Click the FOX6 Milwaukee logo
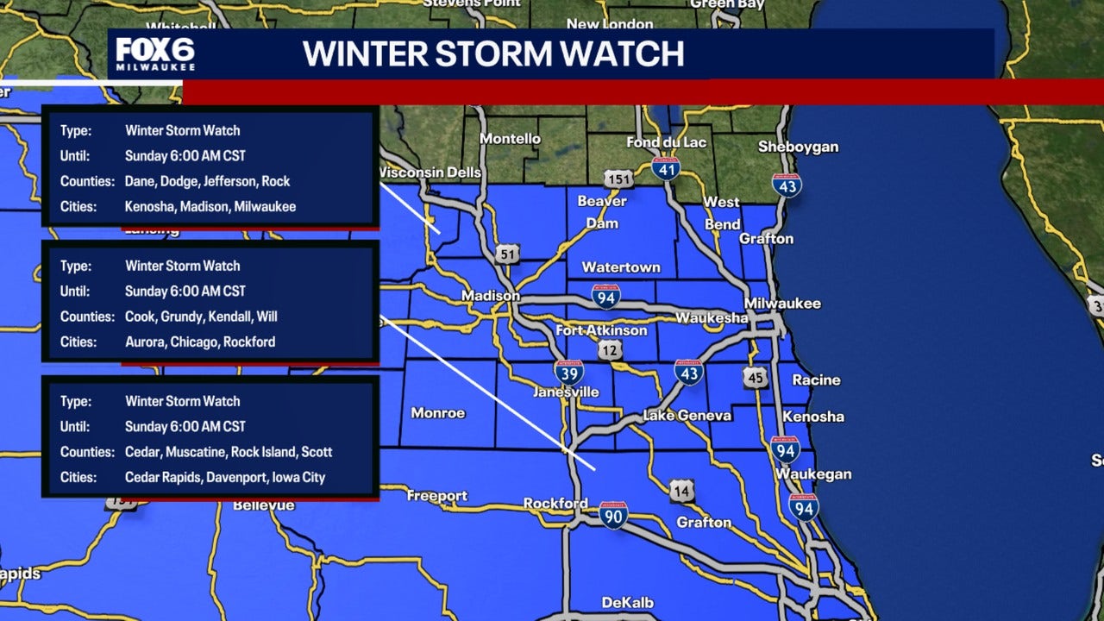click(x=155, y=53)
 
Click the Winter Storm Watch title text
click(x=493, y=53)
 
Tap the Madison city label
click(x=490, y=296)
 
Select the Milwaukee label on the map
click(x=782, y=304)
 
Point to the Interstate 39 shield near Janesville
click(x=568, y=373)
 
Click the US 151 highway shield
click(x=618, y=179)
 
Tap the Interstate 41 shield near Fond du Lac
click(x=665, y=167)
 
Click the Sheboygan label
click(x=798, y=147)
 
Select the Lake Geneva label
click(x=687, y=416)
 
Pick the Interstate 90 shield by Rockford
click(x=613, y=515)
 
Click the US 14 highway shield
click(x=681, y=492)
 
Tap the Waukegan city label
click(x=812, y=474)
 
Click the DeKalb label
click(x=627, y=603)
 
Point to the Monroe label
click(x=437, y=413)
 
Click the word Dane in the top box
click(x=140, y=181)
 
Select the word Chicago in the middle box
click(x=193, y=342)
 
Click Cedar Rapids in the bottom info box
click(x=164, y=477)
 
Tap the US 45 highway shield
click(x=756, y=377)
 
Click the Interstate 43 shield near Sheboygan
click(x=787, y=185)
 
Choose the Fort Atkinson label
click(x=601, y=330)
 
